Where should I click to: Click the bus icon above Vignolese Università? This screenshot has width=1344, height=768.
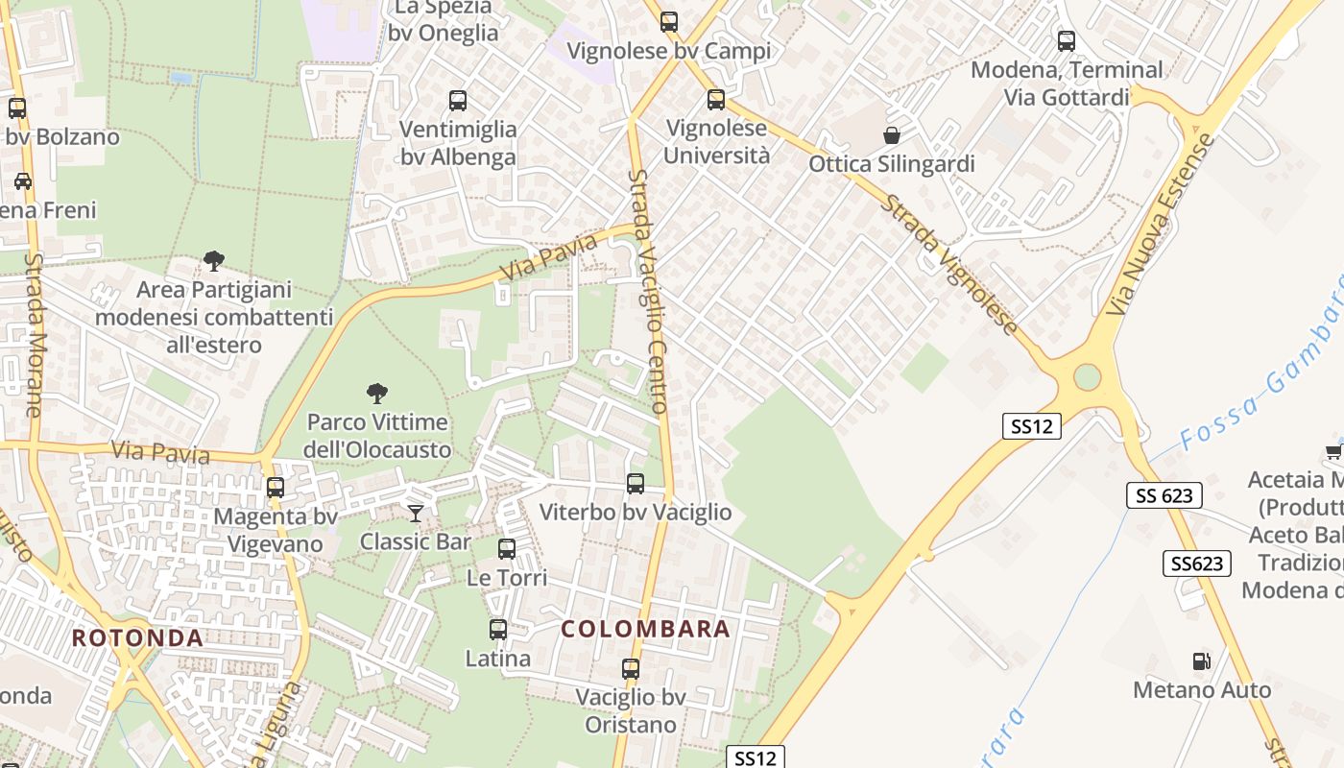click(715, 100)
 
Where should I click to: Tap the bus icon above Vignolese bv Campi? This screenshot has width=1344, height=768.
click(669, 22)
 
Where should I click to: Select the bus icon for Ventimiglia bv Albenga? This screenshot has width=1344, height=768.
click(458, 101)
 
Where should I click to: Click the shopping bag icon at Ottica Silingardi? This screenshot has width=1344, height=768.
click(892, 135)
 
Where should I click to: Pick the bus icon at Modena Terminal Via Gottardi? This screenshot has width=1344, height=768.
click(1067, 41)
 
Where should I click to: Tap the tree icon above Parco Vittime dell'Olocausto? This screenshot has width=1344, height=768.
click(377, 393)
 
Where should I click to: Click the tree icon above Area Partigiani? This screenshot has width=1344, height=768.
click(214, 260)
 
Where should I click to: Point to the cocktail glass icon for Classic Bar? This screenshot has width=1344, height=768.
click(416, 514)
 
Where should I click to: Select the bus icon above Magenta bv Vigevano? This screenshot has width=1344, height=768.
click(276, 488)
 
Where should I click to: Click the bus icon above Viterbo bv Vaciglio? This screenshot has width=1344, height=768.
click(636, 484)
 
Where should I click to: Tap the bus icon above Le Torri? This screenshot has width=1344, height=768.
click(507, 549)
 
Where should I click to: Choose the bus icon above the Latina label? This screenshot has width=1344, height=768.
click(498, 630)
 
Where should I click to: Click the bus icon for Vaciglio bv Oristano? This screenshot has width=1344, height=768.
click(631, 669)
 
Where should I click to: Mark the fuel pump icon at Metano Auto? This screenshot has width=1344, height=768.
click(1201, 660)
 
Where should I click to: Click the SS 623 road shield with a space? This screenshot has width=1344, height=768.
click(1164, 495)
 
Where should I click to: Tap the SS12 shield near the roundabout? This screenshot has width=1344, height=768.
click(1032, 426)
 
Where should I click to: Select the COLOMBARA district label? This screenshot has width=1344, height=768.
click(646, 630)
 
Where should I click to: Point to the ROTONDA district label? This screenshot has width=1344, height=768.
click(138, 638)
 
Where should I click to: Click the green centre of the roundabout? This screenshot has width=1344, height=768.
click(1087, 376)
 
